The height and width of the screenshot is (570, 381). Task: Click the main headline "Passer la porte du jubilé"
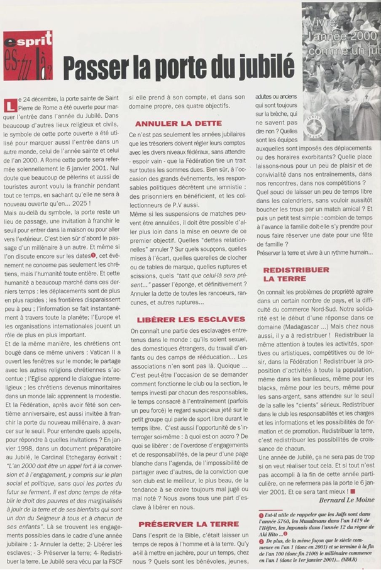coord(179,65)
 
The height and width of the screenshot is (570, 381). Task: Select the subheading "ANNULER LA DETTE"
coord(178,123)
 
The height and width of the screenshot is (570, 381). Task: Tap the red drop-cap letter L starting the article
coord(9,104)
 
